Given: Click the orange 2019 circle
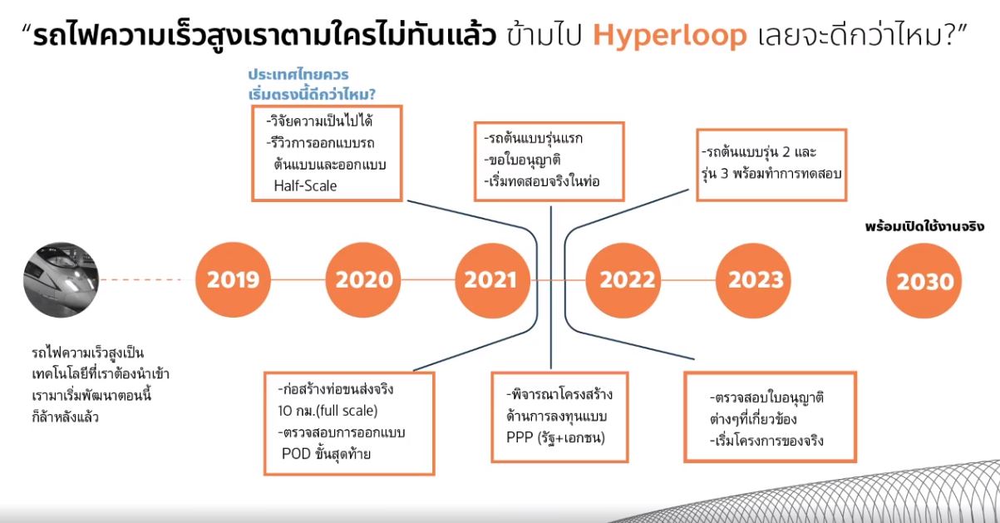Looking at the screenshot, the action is pyautogui.click(x=233, y=280).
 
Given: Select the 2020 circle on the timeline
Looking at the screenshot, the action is pyautogui.click(x=363, y=280).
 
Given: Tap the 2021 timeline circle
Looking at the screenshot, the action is pyautogui.click(x=492, y=280).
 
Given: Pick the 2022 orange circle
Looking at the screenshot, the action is pyautogui.click(x=623, y=280).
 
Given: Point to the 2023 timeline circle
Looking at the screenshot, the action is pyautogui.click(x=753, y=280).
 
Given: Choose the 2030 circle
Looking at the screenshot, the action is pyautogui.click(x=924, y=281).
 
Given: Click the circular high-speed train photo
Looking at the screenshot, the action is pyautogui.click(x=62, y=280).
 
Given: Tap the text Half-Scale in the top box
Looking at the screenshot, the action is pyautogui.click(x=305, y=185).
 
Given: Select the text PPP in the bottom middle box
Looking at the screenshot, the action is pyautogui.click(x=520, y=437).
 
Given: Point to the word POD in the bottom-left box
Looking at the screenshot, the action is pyautogui.click(x=296, y=454).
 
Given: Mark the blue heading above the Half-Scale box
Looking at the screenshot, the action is pyautogui.click(x=312, y=85).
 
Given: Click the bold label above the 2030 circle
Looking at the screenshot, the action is pyautogui.click(x=924, y=227).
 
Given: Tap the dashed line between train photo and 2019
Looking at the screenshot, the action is pyautogui.click(x=141, y=280).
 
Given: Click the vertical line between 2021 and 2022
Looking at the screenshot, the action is pyautogui.click(x=551, y=287).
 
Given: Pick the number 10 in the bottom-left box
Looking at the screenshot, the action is pyautogui.click(x=284, y=411).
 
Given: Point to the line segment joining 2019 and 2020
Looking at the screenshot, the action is pyautogui.click(x=298, y=280).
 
